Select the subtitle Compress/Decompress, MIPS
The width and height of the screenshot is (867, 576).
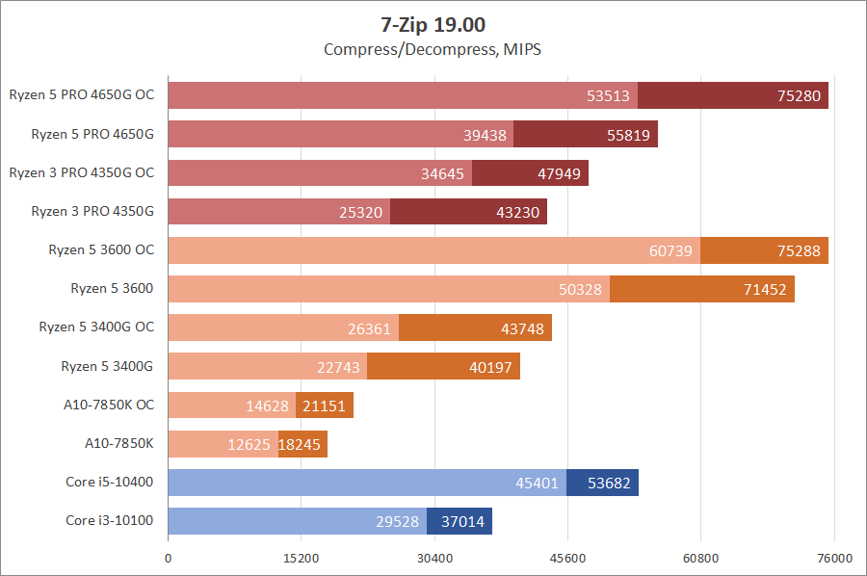pyautogui.click(x=433, y=49)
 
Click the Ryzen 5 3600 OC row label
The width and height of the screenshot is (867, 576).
pyautogui.click(x=101, y=249)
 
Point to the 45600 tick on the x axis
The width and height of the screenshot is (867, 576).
pyautogui.click(x=567, y=559)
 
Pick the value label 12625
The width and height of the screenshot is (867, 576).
pyautogui.click(x=249, y=444)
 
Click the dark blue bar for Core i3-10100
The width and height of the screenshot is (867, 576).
pyautogui.click(x=460, y=521)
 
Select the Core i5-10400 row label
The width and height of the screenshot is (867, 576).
pyautogui.click(x=110, y=482)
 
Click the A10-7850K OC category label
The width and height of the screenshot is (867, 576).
pyautogui.click(x=106, y=405)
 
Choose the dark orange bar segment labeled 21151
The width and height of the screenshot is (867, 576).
pyautogui.click(x=325, y=406)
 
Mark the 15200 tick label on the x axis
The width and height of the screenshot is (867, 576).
pyautogui.click(x=302, y=559)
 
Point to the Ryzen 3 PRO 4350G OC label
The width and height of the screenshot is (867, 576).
pyautogui.click(x=81, y=172)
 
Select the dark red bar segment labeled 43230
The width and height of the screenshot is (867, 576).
pyautogui.click(x=468, y=212)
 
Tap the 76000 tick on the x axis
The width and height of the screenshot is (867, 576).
pyautogui.click(x=834, y=559)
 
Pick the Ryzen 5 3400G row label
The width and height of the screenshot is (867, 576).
pyautogui.click(x=107, y=366)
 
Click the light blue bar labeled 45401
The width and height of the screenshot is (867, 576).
pyautogui.click(x=367, y=483)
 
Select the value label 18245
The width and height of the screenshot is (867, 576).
pyautogui.click(x=302, y=444)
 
